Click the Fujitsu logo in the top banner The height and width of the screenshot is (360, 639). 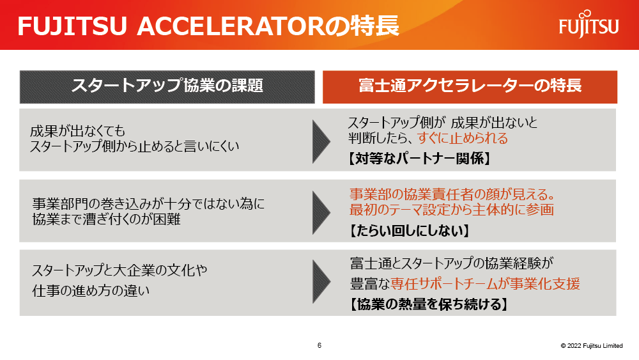[589, 24]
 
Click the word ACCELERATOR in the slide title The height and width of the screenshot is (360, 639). [230, 26]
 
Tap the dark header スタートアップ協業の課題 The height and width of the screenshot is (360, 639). [167, 87]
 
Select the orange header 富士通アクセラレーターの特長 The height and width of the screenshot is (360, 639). [470, 87]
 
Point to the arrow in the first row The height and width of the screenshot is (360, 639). [321, 141]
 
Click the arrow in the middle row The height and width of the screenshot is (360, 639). [321, 212]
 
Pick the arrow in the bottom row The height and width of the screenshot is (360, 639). [321, 282]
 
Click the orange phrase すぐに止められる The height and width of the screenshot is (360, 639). [463, 138]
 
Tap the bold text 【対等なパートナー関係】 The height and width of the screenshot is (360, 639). [419, 158]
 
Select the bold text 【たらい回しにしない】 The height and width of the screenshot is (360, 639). [409, 231]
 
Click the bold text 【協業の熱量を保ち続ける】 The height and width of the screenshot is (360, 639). [429, 304]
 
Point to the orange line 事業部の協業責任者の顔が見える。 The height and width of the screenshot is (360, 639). [452, 194]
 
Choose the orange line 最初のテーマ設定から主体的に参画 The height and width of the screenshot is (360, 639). [452, 210]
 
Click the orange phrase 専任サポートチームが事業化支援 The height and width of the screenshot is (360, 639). [485, 284]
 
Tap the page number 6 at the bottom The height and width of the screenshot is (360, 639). [319, 345]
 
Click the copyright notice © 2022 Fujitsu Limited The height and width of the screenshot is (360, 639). [592, 346]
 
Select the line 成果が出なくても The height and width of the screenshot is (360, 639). [77, 131]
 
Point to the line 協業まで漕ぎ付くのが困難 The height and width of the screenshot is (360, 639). [106, 219]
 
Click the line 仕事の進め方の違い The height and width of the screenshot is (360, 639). [91, 291]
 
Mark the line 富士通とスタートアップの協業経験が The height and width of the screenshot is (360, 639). [452, 263]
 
